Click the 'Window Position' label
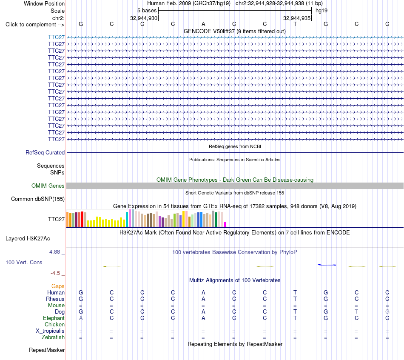click(x=44, y=3)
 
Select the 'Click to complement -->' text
click(x=35, y=25)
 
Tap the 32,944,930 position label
click(x=143, y=18)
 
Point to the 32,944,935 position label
click(x=296, y=18)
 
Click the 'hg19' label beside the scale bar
click(x=321, y=11)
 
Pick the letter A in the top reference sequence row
click(x=203, y=24)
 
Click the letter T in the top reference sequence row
click(x=295, y=24)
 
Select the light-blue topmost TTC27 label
click(x=56, y=37)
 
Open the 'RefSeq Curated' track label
click(x=45, y=152)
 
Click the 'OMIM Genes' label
click(x=48, y=186)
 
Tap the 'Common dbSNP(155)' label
click(x=38, y=199)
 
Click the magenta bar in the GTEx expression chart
click(x=225, y=224)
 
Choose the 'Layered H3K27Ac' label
click(x=28, y=239)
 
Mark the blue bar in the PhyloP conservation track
click(x=327, y=265)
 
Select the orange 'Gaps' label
click(x=58, y=286)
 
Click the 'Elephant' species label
click(x=54, y=318)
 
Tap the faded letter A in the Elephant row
click(x=81, y=318)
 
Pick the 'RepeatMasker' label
click(x=47, y=350)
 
